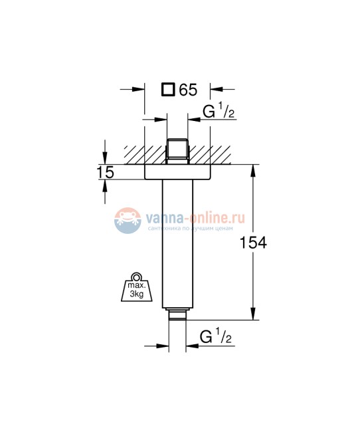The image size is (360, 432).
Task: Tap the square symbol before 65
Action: click(169, 88)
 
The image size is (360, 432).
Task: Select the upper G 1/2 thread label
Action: click(217, 111)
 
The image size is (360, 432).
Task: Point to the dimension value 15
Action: click(104, 172)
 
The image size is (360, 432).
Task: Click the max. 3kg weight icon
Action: click(135, 290)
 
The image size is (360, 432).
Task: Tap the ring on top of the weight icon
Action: click(135, 277)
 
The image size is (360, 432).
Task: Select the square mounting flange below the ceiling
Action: click(177, 172)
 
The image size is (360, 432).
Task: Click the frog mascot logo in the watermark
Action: click(126, 220)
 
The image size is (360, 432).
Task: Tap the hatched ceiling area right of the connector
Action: click(213, 154)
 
